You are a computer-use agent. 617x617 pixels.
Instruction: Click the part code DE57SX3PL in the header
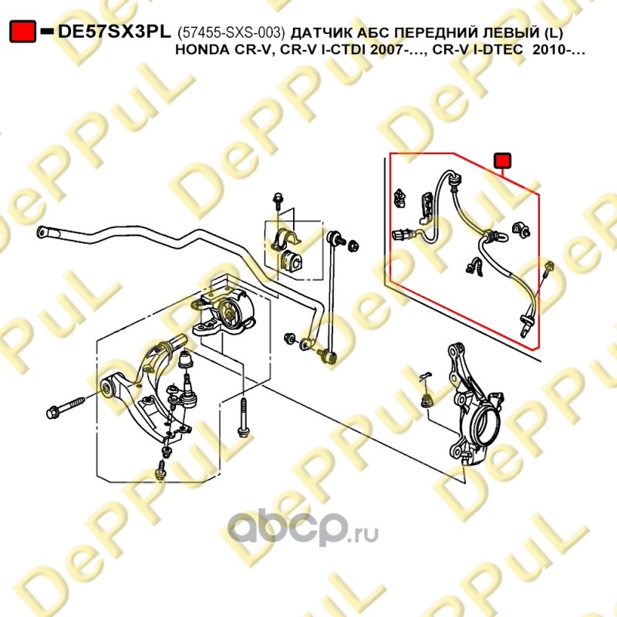coord(114,32)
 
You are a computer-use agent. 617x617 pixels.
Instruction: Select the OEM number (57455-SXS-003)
coord(231,33)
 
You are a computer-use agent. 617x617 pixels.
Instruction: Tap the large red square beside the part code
coord(22,31)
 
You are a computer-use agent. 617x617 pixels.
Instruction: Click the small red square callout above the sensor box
coord(503,160)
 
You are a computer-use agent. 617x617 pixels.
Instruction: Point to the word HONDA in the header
coord(200,50)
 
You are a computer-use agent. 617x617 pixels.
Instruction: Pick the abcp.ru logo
coord(302,528)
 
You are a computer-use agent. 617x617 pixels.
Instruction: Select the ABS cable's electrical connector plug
coord(401,235)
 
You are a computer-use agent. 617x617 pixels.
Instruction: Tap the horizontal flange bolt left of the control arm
coord(66,408)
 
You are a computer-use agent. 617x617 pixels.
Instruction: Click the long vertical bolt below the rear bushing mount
coord(244,418)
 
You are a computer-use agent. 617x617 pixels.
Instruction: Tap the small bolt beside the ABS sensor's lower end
coord(548,268)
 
